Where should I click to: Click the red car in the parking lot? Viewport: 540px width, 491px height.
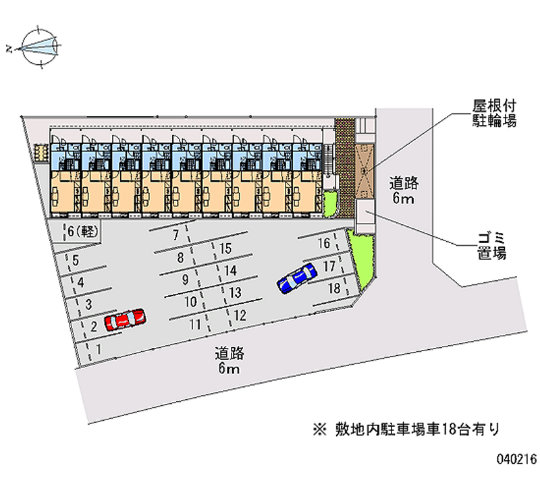(125, 318)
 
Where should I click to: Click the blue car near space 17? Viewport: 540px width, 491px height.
(297, 278)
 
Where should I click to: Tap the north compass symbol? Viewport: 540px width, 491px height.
(40, 47)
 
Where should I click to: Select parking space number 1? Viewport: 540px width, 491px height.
(100, 348)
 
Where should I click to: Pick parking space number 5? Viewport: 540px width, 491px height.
(76, 261)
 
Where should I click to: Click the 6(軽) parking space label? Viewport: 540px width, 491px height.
(83, 232)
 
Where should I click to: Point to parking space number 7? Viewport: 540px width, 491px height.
(175, 236)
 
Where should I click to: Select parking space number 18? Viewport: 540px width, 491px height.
(333, 288)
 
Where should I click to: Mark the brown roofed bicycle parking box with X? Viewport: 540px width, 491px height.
(362, 168)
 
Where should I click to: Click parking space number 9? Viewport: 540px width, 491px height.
(184, 280)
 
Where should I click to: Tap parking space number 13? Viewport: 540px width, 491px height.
(236, 292)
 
